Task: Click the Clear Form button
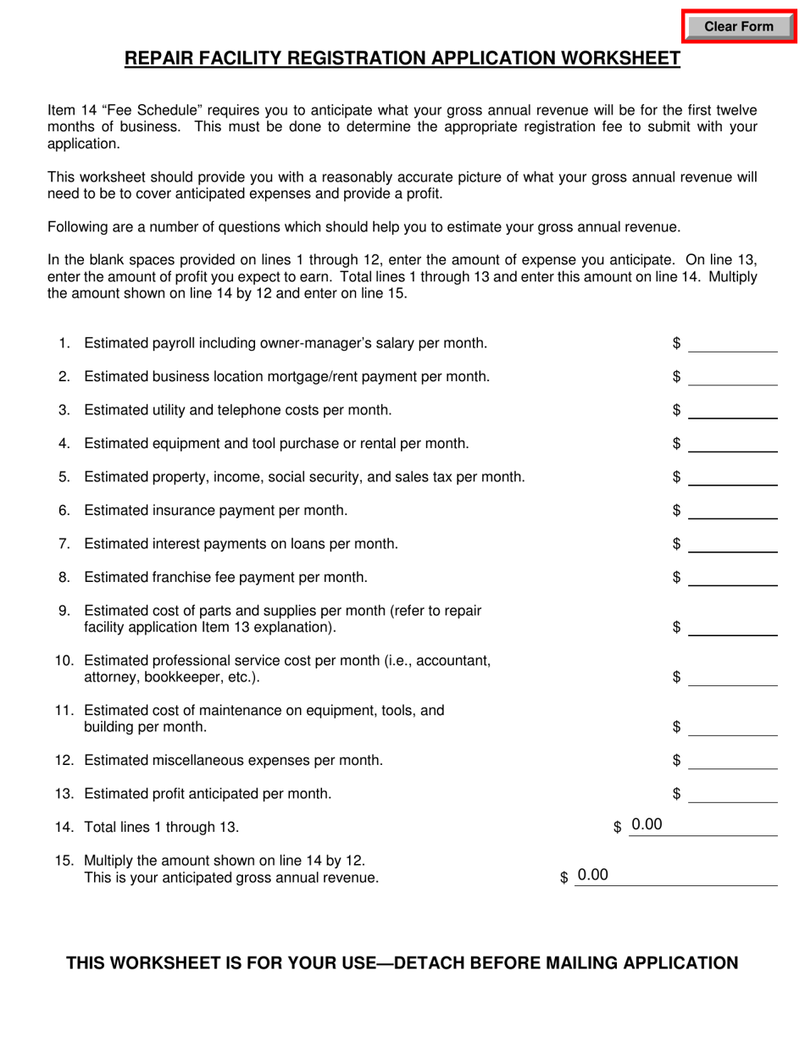click(739, 26)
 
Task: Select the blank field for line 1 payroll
click(732, 343)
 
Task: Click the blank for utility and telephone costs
click(732, 410)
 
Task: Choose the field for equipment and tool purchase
click(732, 443)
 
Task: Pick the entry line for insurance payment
click(732, 510)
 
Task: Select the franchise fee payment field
click(732, 577)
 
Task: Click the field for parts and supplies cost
click(732, 627)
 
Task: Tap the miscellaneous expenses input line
click(732, 761)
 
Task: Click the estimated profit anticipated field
click(732, 794)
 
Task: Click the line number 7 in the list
click(64, 544)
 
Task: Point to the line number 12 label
click(64, 761)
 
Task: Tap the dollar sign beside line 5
click(676, 477)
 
